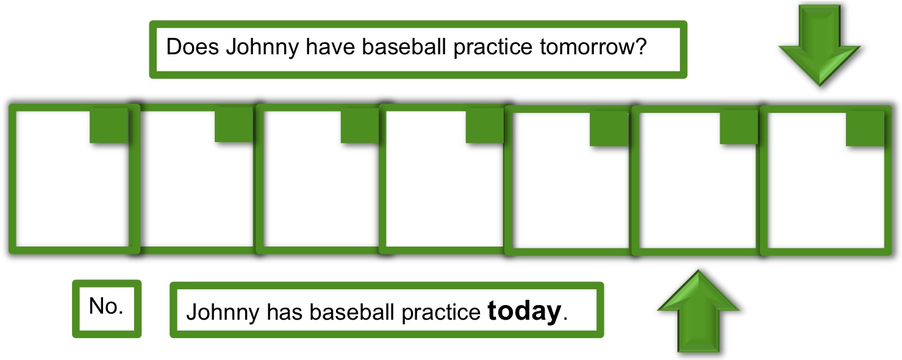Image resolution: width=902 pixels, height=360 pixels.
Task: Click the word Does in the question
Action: tap(193, 46)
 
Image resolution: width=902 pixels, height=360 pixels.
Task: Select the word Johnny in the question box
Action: tap(262, 48)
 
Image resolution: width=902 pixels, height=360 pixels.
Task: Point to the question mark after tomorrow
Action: tap(640, 46)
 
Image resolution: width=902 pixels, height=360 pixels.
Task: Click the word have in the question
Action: tap(330, 46)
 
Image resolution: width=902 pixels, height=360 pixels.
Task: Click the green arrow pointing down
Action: tap(820, 45)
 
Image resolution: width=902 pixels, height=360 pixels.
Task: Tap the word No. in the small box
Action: tap(106, 306)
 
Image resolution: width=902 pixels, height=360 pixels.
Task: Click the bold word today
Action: tap(524, 311)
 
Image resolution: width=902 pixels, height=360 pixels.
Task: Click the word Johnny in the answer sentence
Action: tap(223, 313)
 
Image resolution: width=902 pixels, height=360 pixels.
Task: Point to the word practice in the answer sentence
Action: tap(441, 313)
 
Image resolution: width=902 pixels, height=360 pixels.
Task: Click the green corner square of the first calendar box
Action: tap(109, 125)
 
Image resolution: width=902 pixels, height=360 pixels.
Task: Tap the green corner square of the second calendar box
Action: tap(234, 124)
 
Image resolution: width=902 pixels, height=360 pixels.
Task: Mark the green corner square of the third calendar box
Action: tap(360, 125)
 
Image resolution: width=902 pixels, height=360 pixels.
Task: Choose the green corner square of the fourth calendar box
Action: tap(484, 125)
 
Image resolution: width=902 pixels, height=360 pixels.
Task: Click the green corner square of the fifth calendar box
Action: tap(609, 128)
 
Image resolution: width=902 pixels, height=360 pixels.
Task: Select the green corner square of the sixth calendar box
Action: tap(739, 127)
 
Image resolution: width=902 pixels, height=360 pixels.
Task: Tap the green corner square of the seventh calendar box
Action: tap(865, 129)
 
